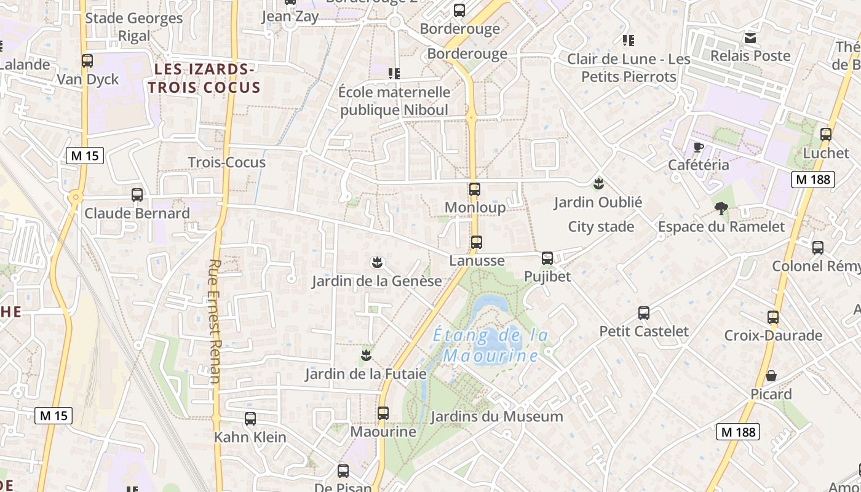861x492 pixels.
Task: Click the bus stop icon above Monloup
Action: pos(474,189)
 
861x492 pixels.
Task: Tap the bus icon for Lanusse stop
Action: pos(477,242)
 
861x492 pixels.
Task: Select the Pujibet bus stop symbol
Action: pos(547,258)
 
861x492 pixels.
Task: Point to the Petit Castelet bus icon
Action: pos(644,313)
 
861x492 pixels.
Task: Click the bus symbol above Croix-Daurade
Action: pos(773,317)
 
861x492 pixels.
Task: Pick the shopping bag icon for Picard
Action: pos(771,376)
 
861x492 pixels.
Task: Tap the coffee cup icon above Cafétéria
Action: pos(698,147)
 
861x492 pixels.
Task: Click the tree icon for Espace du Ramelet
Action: pos(721,208)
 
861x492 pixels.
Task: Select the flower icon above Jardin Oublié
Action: pos(598,183)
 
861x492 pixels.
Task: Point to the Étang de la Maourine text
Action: pos(490,346)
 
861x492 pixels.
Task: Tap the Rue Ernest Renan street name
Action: pos(214,321)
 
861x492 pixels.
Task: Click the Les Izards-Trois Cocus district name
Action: pos(204,78)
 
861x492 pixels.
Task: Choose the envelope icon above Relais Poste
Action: pos(750,38)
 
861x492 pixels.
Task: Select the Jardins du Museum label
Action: pos(496,417)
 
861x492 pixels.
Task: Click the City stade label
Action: pos(601,227)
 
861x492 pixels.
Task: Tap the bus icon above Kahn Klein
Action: pos(250,419)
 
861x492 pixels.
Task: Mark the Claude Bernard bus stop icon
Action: pos(137,195)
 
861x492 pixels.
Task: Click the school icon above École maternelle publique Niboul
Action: pos(394,74)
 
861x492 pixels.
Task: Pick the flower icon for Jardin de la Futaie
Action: pos(367,355)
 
